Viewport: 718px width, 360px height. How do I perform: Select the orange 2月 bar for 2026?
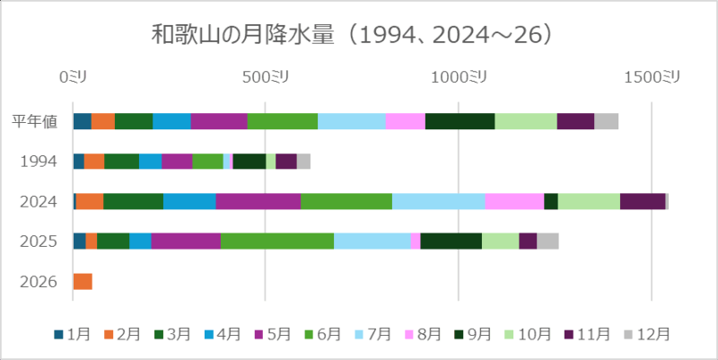pyautogui.click(x=83, y=282)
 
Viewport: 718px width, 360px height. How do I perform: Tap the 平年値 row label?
pyautogui.click(x=36, y=122)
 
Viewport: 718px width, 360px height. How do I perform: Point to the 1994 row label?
pyautogui.click(x=39, y=162)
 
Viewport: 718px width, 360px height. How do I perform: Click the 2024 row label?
pyautogui.click(x=39, y=201)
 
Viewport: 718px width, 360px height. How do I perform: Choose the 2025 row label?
pyautogui.click(x=39, y=241)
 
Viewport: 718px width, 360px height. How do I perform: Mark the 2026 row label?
pyautogui.click(x=39, y=282)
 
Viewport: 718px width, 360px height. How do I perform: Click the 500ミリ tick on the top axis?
pyautogui.click(x=265, y=78)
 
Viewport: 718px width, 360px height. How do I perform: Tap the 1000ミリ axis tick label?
pyautogui.click(x=459, y=78)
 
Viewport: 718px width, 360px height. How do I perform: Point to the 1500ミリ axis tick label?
pyautogui.click(x=652, y=78)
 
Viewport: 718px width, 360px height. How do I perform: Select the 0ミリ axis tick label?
pyautogui.click(x=74, y=78)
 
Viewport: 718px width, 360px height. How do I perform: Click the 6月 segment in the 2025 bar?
pyautogui.click(x=276, y=241)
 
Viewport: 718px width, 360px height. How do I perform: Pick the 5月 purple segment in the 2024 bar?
pyautogui.click(x=258, y=201)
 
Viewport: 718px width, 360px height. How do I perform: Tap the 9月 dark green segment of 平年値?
pyautogui.click(x=460, y=122)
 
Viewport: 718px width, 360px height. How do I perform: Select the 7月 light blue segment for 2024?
pyautogui.click(x=438, y=201)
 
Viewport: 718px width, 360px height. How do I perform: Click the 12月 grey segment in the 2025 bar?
pyautogui.click(x=547, y=241)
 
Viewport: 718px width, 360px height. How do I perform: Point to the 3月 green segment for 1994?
pyautogui.click(x=121, y=162)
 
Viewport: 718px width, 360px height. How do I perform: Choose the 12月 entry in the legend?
pyautogui.click(x=647, y=334)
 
